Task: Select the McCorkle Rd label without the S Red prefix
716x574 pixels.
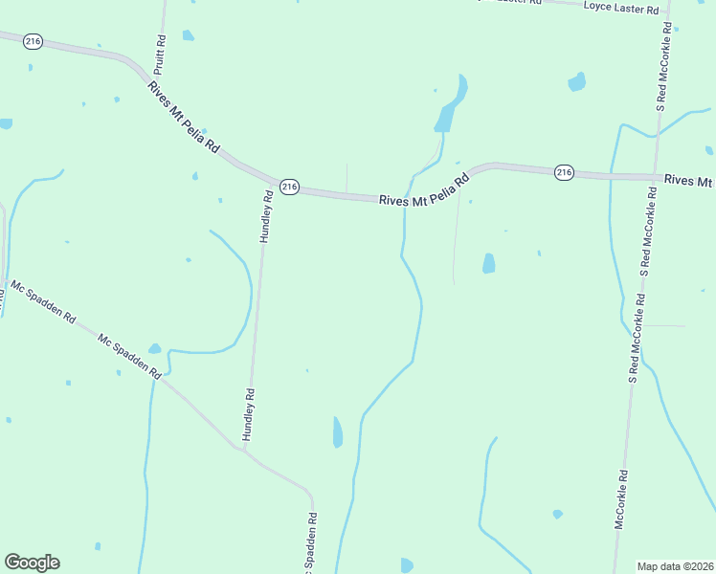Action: point(621,500)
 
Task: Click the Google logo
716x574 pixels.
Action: point(32,563)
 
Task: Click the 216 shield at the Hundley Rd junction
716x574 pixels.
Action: point(290,186)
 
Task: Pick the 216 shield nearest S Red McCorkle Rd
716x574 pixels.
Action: point(564,172)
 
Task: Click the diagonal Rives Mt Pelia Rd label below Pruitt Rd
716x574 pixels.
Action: point(184,119)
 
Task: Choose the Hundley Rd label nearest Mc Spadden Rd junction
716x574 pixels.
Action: point(249,413)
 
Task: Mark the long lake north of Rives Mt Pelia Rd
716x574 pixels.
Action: point(451,105)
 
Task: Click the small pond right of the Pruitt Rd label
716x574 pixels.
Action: point(189,36)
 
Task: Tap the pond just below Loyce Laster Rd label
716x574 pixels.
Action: point(576,82)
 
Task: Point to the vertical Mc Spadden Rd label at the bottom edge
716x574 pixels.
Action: point(311,545)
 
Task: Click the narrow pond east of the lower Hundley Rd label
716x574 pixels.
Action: point(337,432)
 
